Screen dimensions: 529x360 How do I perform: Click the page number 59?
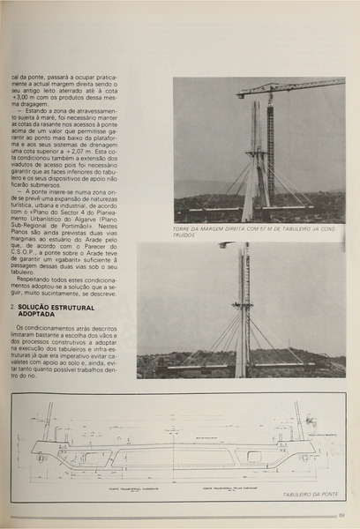pyautogui.click(x=341, y=516)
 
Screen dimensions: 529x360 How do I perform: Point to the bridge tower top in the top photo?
pyautogui.click(x=256, y=108)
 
